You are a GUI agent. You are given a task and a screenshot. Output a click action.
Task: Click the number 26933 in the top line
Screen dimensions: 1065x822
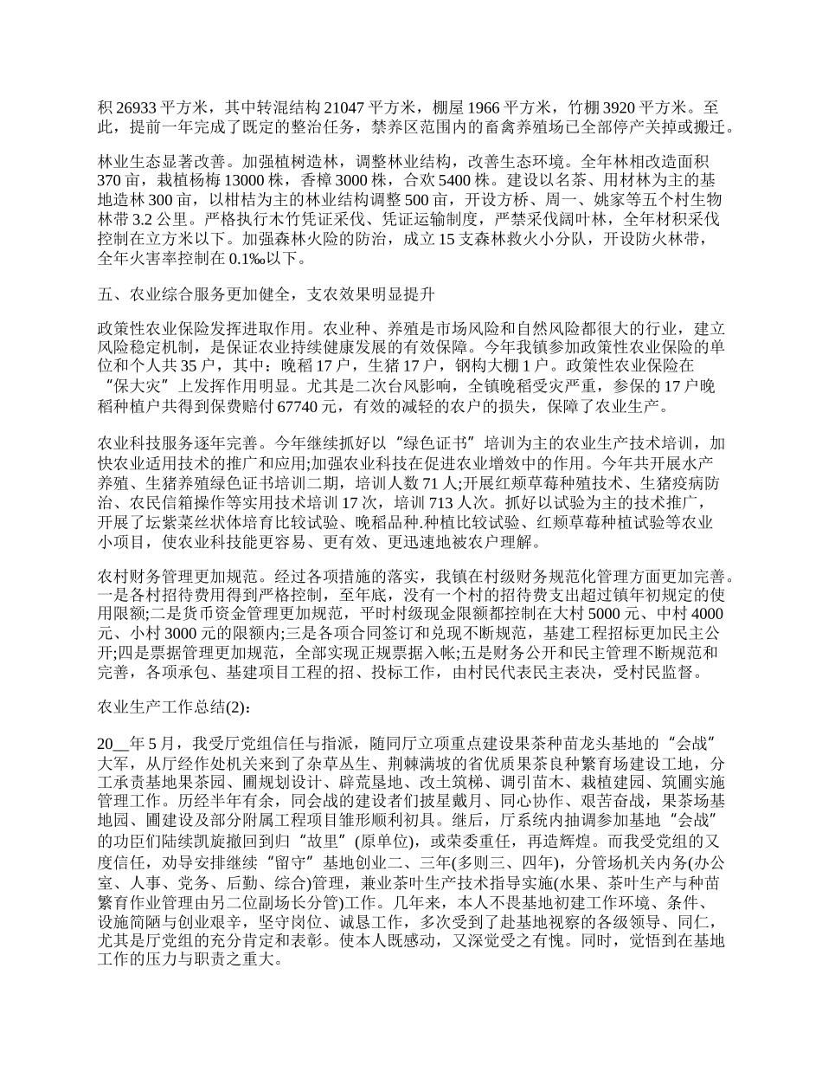(x=133, y=108)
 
